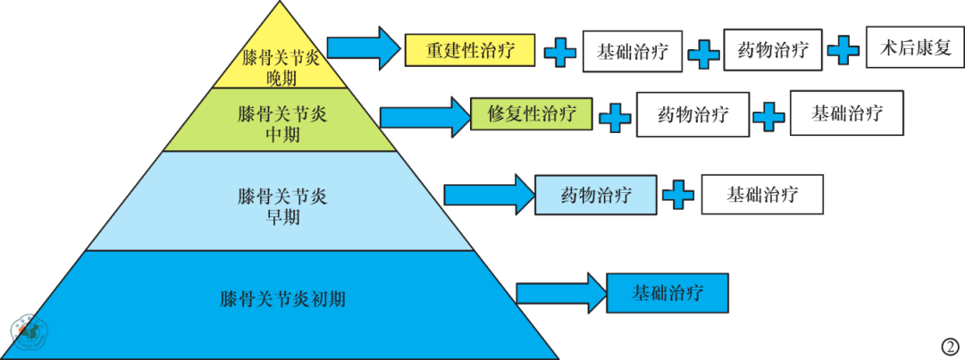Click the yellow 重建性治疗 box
(470, 50)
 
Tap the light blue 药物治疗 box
(595, 195)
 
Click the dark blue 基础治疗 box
(667, 293)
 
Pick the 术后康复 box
(915, 47)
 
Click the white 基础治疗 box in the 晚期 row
(633, 51)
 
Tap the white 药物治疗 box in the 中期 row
(693, 114)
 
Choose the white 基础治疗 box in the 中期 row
(847, 113)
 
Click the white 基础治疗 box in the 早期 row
(762, 195)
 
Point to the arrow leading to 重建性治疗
(363, 47)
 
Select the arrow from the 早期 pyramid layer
(489, 195)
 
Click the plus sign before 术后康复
(843, 49)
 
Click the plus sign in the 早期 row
(678, 195)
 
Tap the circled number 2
(951, 346)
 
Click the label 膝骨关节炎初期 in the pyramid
(282, 300)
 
